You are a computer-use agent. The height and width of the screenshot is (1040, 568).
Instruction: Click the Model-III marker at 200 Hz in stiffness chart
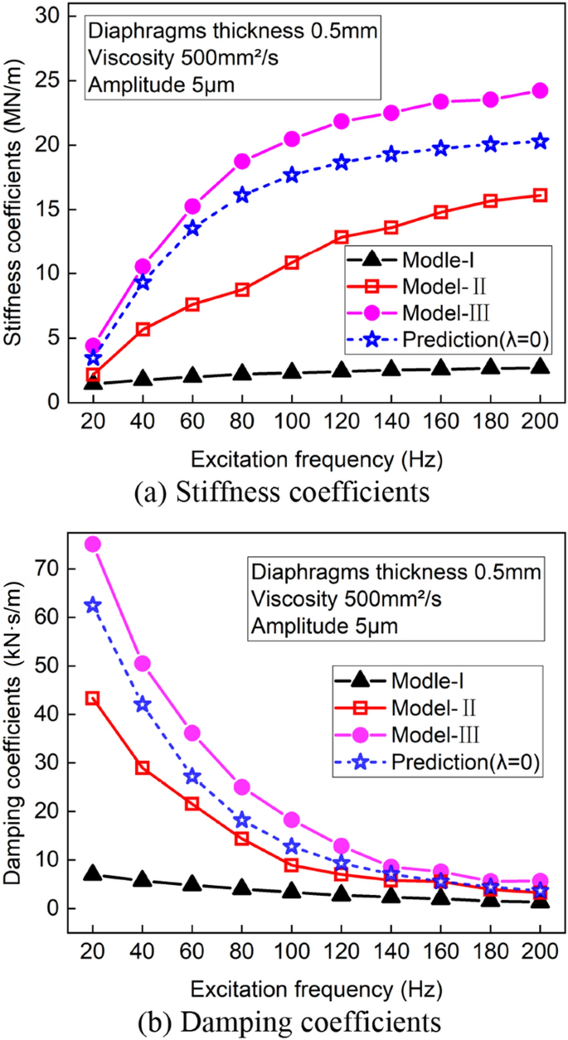point(540,90)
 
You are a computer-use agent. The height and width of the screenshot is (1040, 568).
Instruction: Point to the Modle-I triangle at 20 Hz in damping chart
point(93,874)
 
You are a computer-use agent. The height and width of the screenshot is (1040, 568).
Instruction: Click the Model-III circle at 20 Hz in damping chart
point(93,544)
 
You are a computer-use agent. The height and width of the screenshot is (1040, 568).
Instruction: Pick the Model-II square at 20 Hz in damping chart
point(93,699)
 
